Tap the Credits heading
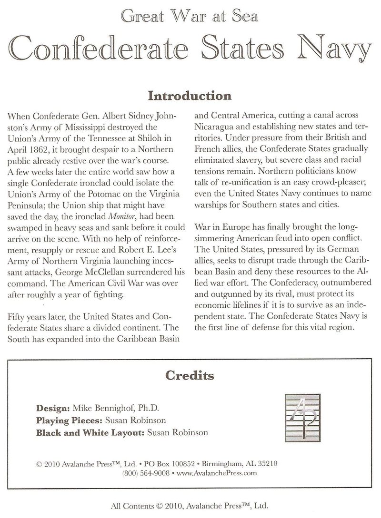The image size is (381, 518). point(190,376)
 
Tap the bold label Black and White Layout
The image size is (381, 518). point(90,432)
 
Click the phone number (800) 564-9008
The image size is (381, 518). point(145,473)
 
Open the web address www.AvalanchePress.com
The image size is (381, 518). point(216,473)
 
